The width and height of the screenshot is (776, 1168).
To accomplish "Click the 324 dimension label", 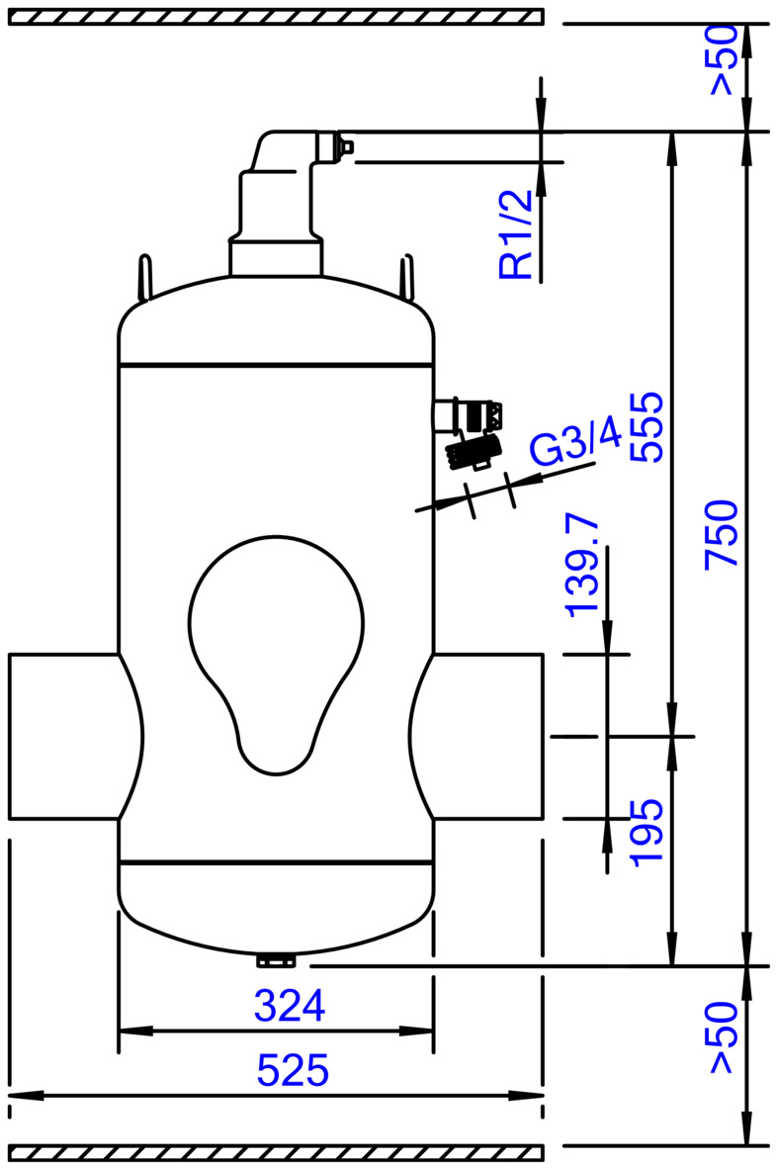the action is pos(290,1006).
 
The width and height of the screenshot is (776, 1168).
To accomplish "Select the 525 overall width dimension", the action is pos(293,1071).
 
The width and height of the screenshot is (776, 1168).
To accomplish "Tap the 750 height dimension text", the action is pos(722,533).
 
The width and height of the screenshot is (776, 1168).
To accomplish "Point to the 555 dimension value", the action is pos(646,426).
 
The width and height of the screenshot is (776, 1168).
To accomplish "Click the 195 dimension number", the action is pos(646,832).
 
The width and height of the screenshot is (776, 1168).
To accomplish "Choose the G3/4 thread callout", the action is pos(574,443).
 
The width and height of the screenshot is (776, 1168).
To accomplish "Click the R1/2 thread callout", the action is pos(516,235).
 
